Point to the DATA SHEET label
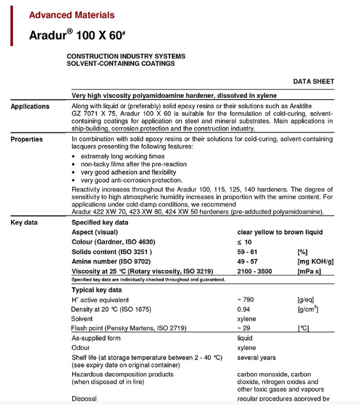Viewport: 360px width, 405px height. (x=313, y=82)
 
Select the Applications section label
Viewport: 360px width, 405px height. (x=30, y=107)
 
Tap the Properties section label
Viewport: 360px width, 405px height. (x=27, y=139)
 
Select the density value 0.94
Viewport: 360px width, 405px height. (x=243, y=309)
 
